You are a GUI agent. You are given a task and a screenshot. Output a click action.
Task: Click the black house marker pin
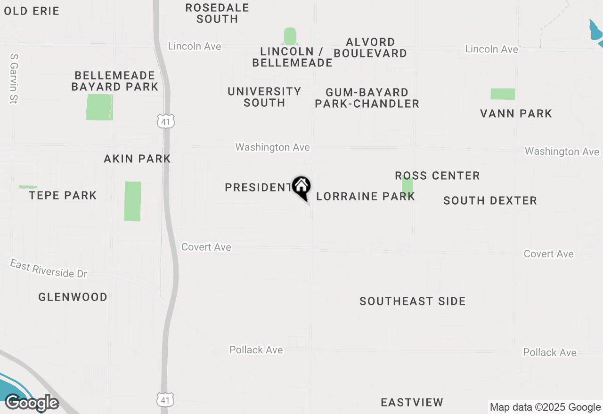[301, 187]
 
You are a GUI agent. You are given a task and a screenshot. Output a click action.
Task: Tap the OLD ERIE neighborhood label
[32, 11]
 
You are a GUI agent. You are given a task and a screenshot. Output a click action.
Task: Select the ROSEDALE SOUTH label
[217, 13]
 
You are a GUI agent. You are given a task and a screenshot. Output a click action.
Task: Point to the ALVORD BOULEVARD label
[370, 48]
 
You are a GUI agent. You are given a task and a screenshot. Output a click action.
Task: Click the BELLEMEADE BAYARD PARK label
[114, 81]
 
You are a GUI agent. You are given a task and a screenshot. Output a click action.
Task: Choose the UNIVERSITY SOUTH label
[264, 97]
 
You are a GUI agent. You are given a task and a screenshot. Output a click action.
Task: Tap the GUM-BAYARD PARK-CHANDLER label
[367, 98]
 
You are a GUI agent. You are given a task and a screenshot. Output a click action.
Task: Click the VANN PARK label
[516, 113]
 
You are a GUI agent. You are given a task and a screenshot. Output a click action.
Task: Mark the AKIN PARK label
[137, 159]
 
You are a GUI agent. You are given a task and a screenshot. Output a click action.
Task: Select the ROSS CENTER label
[437, 175]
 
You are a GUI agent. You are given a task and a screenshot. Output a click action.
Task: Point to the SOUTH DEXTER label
[490, 200]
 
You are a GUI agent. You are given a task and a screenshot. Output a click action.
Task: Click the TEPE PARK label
[63, 195]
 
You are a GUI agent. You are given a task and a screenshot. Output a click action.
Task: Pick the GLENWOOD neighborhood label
[73, 297]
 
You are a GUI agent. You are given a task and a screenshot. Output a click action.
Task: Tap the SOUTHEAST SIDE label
[412, 301]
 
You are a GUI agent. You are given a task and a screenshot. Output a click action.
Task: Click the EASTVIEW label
[412, 402]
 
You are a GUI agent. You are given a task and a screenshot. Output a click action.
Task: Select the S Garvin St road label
[13, 78]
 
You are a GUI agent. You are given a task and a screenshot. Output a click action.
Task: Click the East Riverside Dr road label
[49, 269]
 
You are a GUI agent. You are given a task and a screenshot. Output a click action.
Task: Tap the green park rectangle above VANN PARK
[503, 94]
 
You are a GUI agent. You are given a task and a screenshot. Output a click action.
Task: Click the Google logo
[32, 403]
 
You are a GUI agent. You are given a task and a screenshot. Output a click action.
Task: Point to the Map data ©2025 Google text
[545, 407]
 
